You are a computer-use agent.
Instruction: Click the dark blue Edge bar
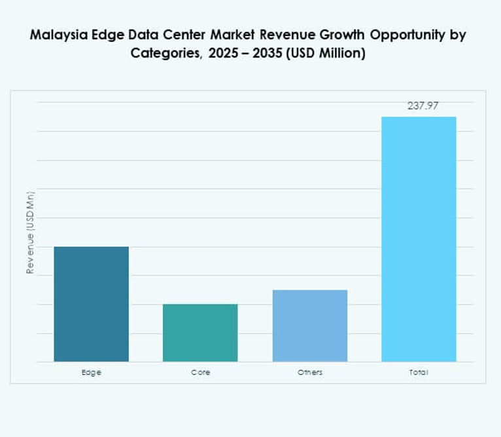[x=91, y=304]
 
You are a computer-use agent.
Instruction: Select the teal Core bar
[x=200, y=333]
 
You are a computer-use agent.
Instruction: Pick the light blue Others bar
[x=309, y=326]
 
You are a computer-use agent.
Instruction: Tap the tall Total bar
[x=419, y=239]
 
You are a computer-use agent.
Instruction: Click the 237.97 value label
[x=423, y=105]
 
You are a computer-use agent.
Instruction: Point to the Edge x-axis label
[x=91, y=372]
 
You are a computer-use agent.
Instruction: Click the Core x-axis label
[x=200, y=372]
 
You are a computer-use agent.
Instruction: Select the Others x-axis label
[x=309, y=372]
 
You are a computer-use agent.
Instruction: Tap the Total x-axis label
[x=419, y=372]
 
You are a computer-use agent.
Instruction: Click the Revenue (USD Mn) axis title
[x=29, y=233]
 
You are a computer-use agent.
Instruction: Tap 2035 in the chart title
[x=266, y=54]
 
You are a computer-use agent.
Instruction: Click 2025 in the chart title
[x=226, y=54]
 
